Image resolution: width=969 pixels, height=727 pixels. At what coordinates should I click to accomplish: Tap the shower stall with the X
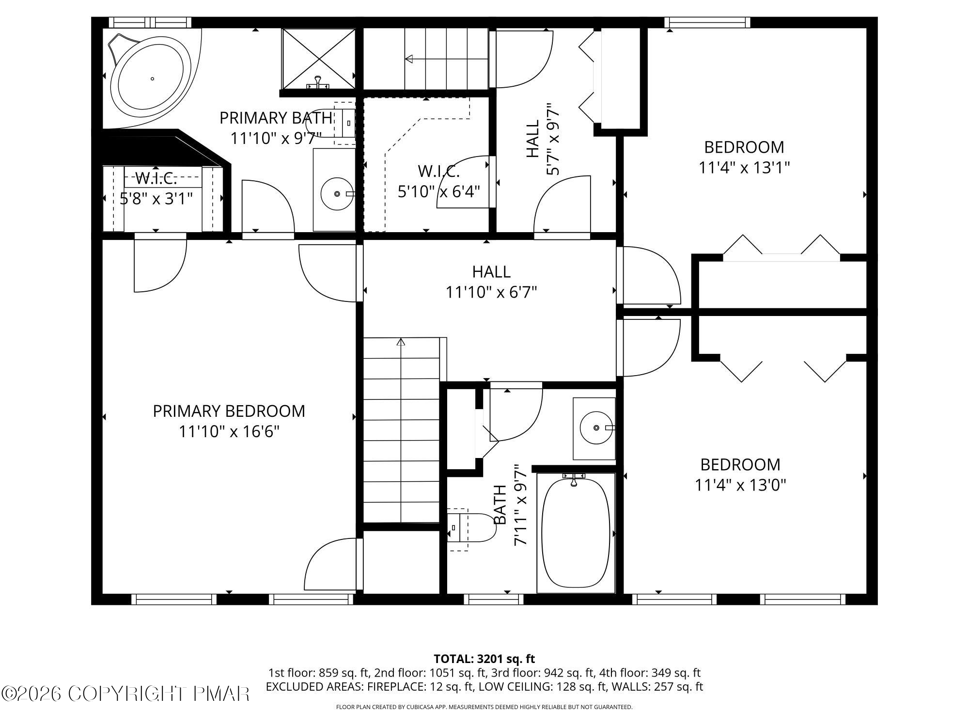point(318,58)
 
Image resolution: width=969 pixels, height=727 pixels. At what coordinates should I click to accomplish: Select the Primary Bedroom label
point(229,411)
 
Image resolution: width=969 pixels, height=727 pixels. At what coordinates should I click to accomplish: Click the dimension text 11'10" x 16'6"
point(229,431)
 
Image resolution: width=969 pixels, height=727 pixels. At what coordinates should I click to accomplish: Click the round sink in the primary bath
point(337,193)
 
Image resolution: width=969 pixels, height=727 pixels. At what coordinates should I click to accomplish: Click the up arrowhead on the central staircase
point(401,342)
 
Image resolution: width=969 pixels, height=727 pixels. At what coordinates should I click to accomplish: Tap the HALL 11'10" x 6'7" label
point(491,282)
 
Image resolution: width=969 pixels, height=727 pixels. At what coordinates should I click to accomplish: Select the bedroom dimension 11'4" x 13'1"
point(744,168)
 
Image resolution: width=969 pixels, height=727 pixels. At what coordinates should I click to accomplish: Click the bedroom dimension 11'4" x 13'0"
point(740,485)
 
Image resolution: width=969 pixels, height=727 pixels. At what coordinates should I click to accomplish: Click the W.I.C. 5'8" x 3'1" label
point(156,188)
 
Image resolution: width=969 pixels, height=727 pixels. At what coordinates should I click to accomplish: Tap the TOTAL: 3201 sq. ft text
point(484,659)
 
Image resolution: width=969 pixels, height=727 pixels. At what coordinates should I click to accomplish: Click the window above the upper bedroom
point(707,22)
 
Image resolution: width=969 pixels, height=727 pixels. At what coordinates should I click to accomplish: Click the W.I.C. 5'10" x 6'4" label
point(438,181)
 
